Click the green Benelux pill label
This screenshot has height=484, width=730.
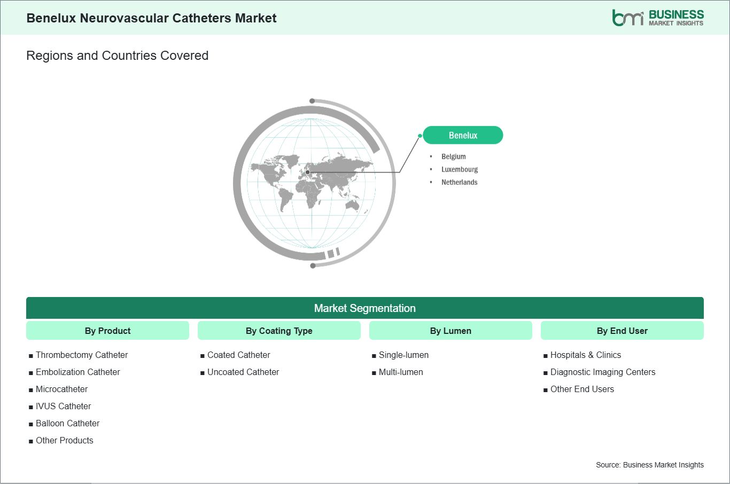463,135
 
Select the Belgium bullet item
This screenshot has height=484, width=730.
453,157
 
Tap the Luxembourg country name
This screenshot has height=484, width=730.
460,169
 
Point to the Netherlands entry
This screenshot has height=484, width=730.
459,182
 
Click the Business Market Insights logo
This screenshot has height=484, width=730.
658,18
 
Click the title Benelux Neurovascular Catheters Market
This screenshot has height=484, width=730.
151,18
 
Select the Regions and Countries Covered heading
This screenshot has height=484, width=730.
118,56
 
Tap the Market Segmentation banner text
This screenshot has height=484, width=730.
364,308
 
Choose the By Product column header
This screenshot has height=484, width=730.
107,331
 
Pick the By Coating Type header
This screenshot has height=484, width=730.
279,331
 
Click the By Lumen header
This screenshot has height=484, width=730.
451,331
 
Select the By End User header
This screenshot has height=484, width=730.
622,331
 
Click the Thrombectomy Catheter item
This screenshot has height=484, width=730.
81,355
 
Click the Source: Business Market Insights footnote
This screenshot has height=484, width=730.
649,465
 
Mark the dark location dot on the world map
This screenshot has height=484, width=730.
307,173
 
